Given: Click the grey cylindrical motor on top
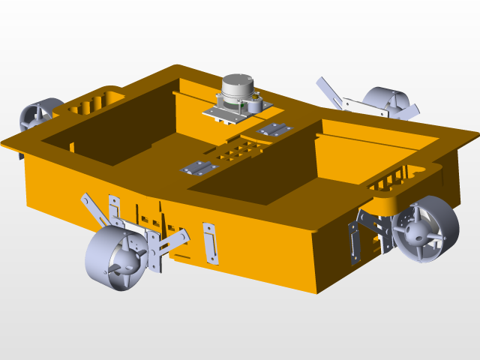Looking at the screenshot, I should coord(239,88).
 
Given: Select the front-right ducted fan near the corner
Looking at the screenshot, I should coord(425,229).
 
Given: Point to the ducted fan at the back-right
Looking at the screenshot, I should coord(387,100).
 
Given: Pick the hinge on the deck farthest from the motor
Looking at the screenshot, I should coord(197,167).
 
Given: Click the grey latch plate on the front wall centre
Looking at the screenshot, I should coord(211,242).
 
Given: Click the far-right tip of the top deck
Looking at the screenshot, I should coord(475,134).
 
